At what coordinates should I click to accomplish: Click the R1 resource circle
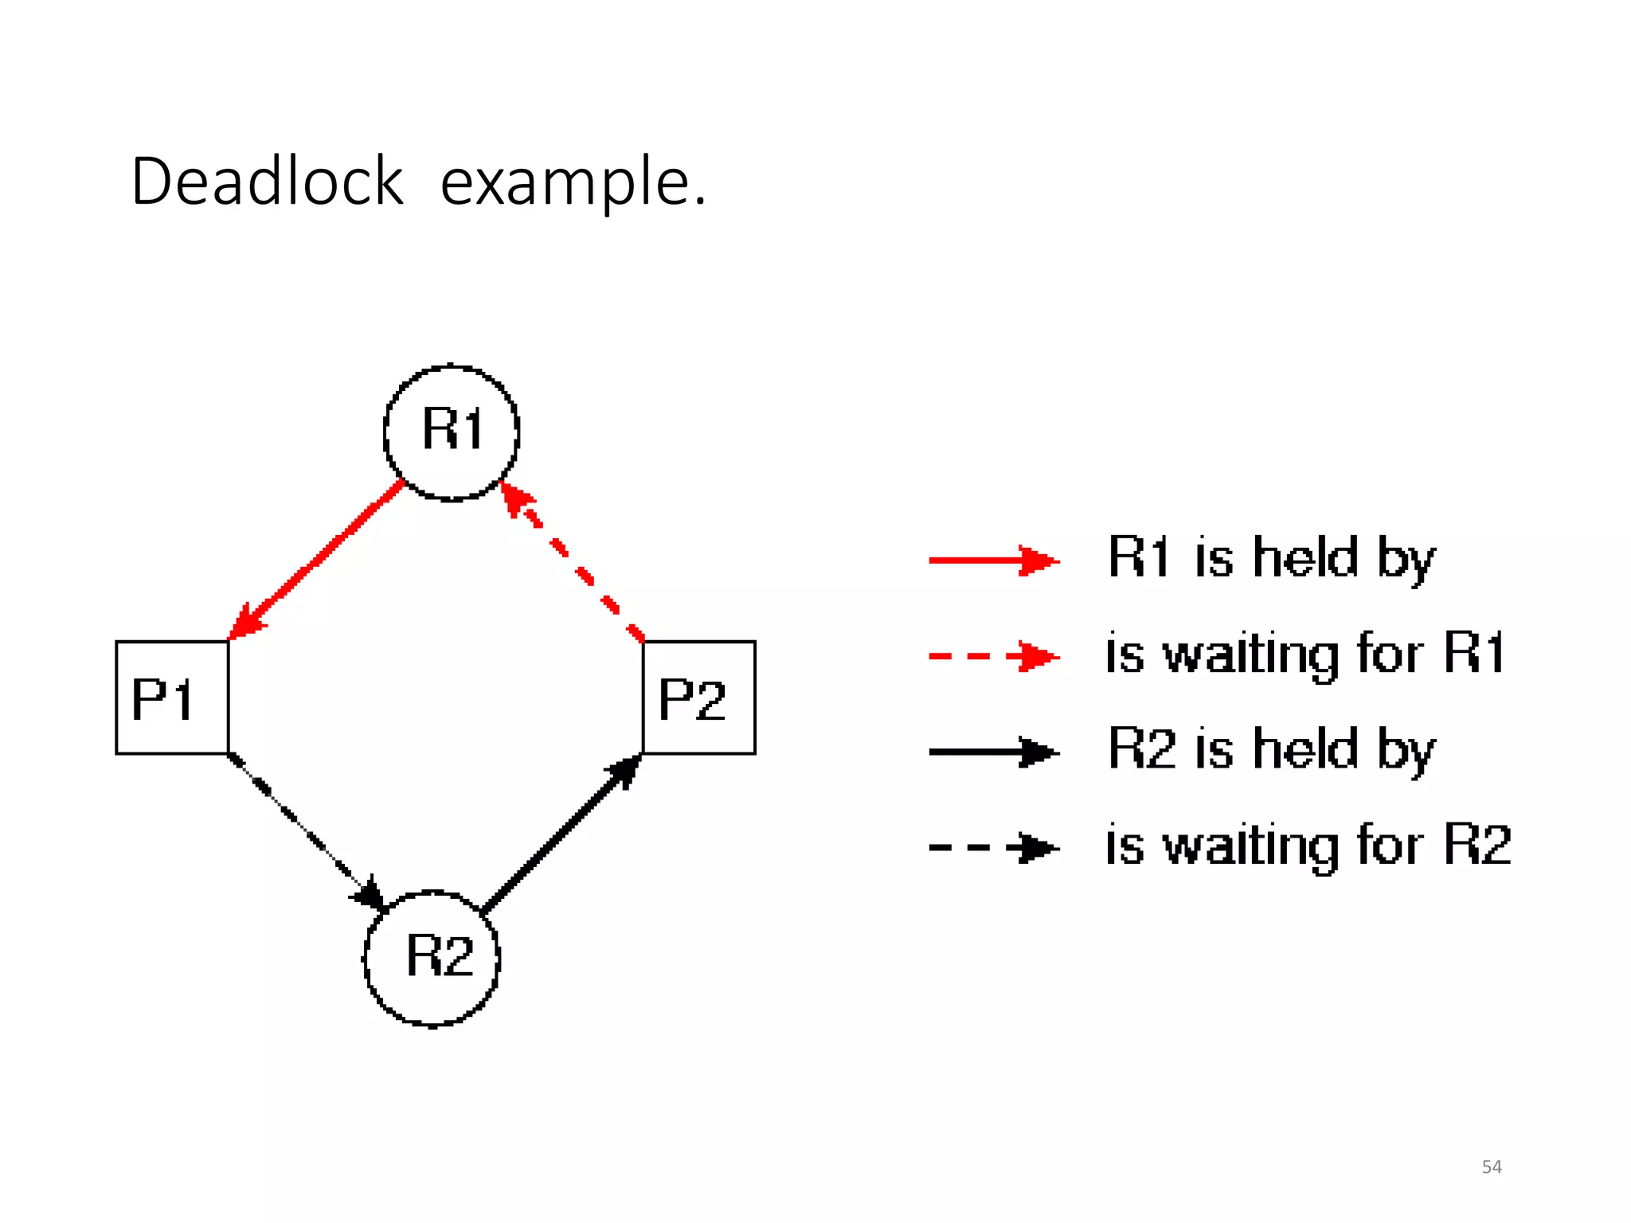point(452,432)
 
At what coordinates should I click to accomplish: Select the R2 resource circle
point(432,958)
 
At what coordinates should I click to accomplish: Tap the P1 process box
point(172,697)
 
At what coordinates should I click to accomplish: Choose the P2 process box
point(698,697)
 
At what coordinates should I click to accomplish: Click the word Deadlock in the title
point(268,182)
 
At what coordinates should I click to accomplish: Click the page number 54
point(1491,1167)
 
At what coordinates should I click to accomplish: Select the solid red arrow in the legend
point(993,561)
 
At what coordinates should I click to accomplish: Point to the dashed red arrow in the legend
point(993,657)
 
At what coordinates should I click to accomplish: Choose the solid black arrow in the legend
point(993,752)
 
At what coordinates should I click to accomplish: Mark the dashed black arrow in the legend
point(993,847)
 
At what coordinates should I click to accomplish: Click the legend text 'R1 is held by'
point(1271,559)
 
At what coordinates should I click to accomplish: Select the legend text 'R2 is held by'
point(1271,750)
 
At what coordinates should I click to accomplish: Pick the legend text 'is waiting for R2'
point(1308,846)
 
